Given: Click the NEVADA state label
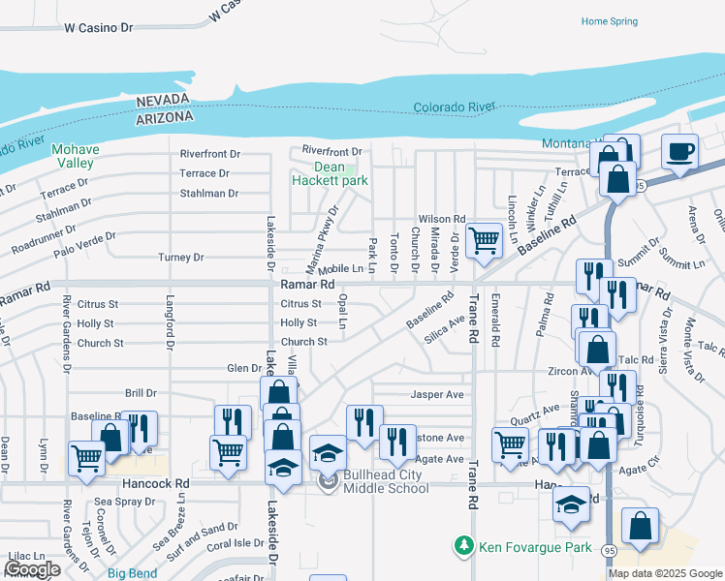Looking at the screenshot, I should click(164, 101).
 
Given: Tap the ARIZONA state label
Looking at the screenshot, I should click(164, 115).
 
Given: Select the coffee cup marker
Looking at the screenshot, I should click(680, 152).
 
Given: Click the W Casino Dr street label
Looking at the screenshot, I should click(98, 29).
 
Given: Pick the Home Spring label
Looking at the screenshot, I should click(609, 21).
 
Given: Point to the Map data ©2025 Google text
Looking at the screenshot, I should click(665, 572).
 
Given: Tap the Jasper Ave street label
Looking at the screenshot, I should click(437, 395).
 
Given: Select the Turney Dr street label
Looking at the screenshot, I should click(181, 258).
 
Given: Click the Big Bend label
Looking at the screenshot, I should click(132, 573).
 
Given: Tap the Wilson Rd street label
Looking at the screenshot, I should click(442, 220).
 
